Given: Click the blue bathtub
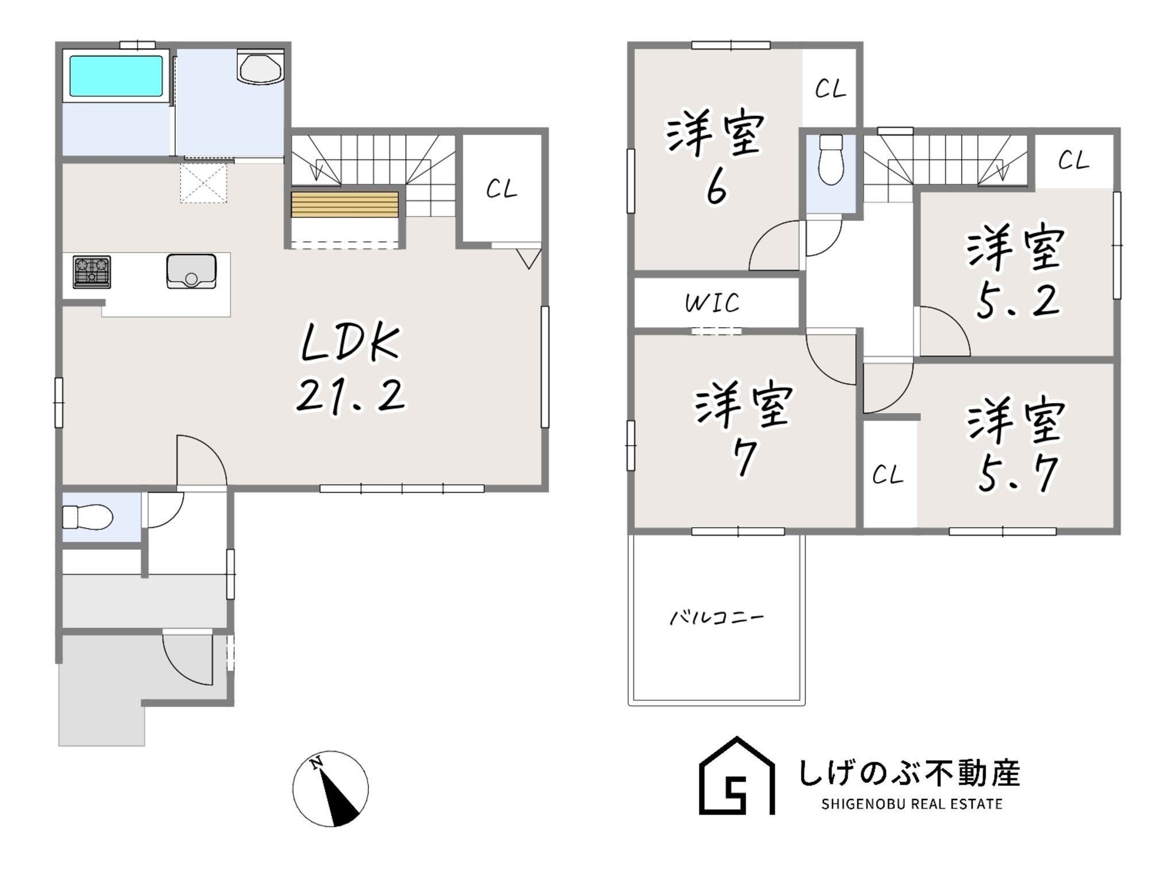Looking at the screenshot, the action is tap(116, 76).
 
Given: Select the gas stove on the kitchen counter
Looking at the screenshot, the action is tap(92, 272).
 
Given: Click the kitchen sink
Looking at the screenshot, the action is tap(191, 272).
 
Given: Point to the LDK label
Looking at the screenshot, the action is tap(350, 343).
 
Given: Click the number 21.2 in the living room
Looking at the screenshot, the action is tap(351, 396).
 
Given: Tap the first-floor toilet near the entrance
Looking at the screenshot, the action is tap(87, 517).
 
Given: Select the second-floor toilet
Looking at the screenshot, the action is tap(830, 159).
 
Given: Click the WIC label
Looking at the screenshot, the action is tap(713, 303).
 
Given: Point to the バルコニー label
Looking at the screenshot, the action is tap(717, 618).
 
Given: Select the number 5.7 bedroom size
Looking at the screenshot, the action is tap(1018, 474).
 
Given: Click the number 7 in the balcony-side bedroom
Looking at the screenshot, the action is tap(744, 458).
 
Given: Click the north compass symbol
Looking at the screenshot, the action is tap(331, 789).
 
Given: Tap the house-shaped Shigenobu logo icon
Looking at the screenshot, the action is tap(737, 776).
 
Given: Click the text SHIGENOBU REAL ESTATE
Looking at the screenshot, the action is tap(912, 804).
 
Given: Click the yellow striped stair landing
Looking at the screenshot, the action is tap(345, 204).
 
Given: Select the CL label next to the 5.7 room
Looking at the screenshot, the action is tap(888, 475).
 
